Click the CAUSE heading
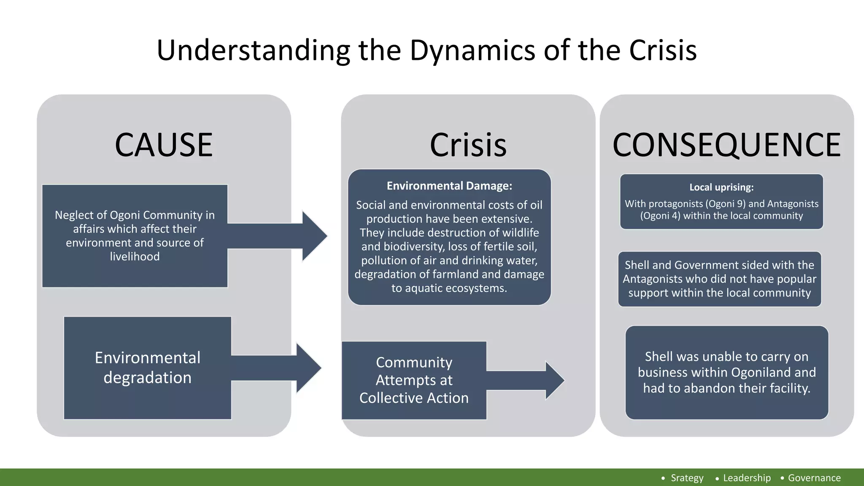coord(164,145)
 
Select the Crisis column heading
coord(468,145)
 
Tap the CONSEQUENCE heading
coord(726,145)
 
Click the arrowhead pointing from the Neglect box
coord(315,236)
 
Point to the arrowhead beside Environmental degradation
coord(309,368)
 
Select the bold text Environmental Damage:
coord(449,186)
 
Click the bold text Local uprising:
coord(721,187)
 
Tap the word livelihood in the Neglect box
coord(135,256)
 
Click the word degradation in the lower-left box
coord(147,378)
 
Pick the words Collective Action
coord(414,398)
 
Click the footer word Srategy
coord(687,478)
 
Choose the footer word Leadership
coord(747,478)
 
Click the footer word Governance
coord(814,478)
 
